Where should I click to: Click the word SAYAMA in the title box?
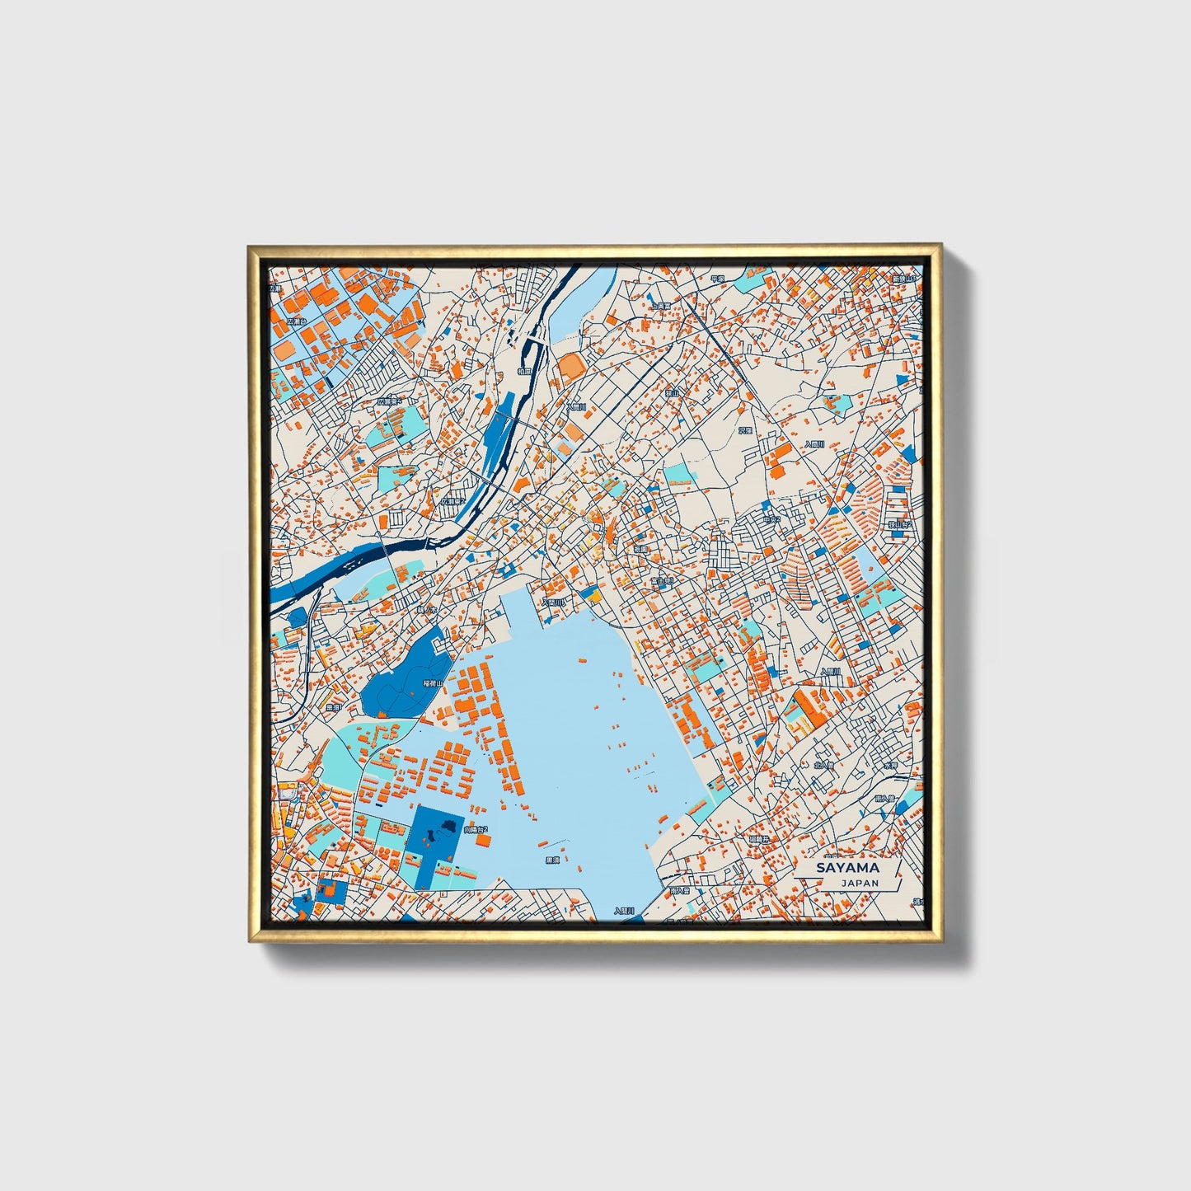[847, 868]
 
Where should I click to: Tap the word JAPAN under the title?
[860, 883]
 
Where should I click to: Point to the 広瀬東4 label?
[389, 401]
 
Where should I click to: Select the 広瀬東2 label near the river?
[452, 500]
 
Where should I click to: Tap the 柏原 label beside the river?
[525, 372]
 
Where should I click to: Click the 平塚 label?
[716, 279]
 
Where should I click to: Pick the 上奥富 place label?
[660, 307]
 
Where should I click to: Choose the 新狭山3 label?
[903, 279]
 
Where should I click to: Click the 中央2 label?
[771, 520]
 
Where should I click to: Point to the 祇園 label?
[640, 548]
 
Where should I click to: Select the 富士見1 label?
[662, 581]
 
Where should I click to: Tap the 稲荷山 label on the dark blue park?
[433, 683]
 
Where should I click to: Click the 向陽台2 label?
[476, 829]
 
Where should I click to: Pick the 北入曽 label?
[823, 765]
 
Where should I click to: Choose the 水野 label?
[889, 766]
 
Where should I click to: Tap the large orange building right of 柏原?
[570, 365]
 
